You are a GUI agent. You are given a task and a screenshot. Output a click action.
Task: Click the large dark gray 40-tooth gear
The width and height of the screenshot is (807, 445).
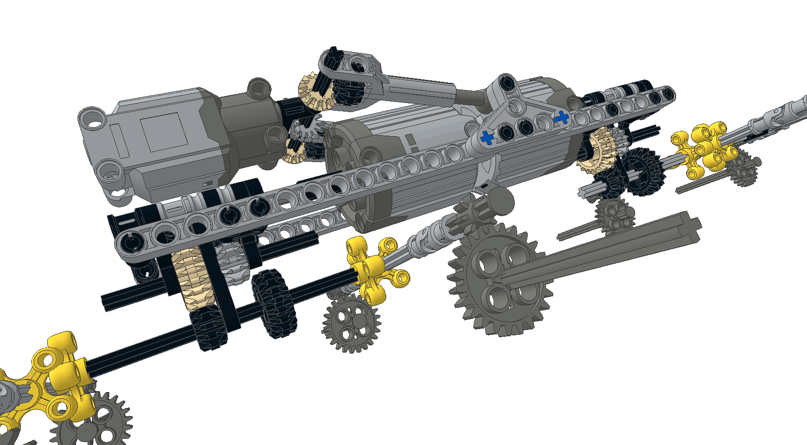coord(498,284)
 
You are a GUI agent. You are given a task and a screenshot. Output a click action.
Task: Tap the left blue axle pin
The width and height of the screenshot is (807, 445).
coord(487,138)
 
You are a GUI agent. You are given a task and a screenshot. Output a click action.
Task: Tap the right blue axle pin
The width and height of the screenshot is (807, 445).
coord(561,117)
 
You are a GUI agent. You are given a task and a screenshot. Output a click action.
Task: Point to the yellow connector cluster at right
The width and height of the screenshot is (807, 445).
coord(704,147)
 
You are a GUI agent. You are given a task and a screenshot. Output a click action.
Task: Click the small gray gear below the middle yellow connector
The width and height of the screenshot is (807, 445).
coord(351,322)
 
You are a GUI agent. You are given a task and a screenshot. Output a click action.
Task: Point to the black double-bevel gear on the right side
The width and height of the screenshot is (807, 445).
coord(643,171)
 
